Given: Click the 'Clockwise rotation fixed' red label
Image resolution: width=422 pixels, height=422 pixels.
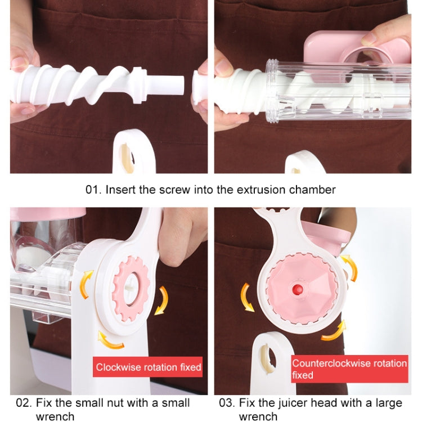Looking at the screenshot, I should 148,367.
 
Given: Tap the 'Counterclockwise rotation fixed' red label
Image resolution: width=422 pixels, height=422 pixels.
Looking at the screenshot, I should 349,369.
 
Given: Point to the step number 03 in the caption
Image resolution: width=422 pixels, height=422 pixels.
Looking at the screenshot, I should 226,403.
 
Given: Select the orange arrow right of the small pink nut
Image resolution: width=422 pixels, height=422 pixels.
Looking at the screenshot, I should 161,299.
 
